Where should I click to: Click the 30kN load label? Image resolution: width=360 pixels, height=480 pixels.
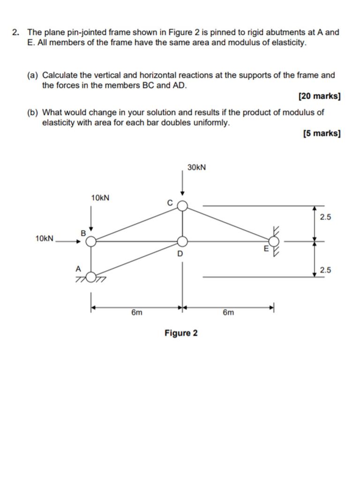click(196, 167)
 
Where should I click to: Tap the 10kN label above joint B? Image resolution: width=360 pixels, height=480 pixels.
click(100, 198)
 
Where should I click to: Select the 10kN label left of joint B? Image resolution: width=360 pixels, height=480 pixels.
click(45, 239)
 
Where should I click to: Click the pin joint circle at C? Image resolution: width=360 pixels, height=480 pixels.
click(182, 206)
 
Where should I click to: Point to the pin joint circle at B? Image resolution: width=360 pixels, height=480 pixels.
click(91, 241)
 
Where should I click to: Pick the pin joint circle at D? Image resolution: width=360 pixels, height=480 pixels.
click(182, 241)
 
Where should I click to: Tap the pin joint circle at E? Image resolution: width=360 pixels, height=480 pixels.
click(274, 241)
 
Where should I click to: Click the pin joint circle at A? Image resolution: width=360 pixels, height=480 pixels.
click(91, 277)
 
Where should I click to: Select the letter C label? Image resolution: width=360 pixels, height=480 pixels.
click(170, 202)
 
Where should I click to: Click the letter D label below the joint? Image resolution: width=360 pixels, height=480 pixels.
click(180, 254)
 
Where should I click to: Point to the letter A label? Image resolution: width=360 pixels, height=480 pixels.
click(78, 269)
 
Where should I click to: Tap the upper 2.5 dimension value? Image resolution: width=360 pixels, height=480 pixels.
click(325, 217)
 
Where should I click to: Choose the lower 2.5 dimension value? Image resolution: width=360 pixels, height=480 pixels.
click(325, 270)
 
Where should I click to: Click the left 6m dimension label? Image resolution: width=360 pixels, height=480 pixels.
click(136, 313)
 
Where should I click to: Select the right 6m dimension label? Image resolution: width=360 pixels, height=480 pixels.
click(228, 313)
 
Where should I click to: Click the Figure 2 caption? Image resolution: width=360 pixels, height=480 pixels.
click(181, 333)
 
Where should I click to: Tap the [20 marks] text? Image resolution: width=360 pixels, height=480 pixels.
click(319, 96)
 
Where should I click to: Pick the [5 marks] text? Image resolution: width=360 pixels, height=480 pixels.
click(322, 134)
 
